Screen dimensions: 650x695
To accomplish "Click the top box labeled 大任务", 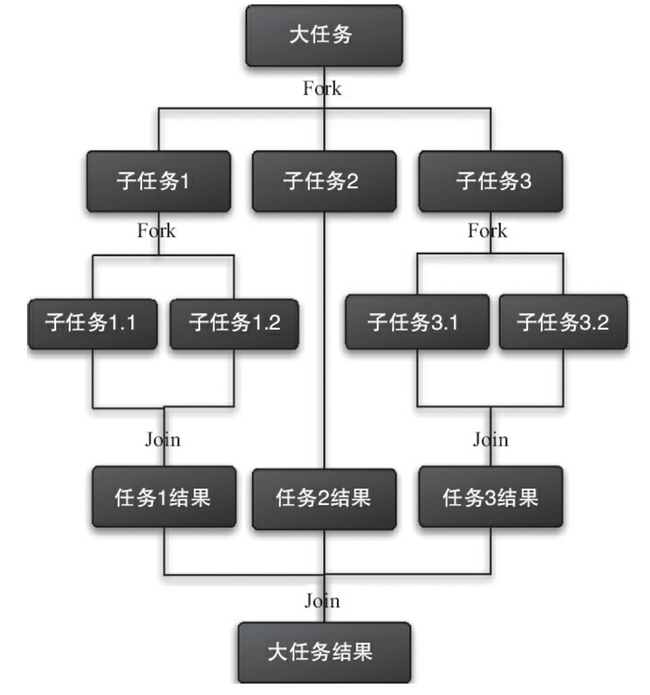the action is click(324, 36).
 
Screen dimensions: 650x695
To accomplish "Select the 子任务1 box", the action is click(159, 181).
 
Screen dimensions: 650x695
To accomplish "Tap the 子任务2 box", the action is click(324, 181).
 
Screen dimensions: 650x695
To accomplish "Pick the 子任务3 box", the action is click(491, 181).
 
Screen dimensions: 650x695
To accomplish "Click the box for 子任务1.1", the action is click(93, 324).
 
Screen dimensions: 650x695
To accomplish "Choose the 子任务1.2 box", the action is click(234, 324).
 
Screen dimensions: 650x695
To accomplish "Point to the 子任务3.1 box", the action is click(418, 322).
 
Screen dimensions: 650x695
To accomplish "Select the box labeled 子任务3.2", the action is click(563, 322).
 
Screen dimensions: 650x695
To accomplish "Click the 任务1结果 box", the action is click(164, 497).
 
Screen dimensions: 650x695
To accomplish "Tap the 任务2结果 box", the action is click(324, 499).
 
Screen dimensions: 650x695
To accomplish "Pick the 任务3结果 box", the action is click(491, 497).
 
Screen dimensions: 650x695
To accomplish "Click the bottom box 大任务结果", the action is click(324, 652).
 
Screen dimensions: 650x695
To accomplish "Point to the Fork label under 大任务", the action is click(323, 89).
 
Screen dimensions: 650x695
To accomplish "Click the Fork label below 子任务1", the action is click(157, 231).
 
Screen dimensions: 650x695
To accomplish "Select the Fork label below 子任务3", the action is click(488, 231).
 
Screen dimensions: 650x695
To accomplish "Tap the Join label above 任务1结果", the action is click(163, 440).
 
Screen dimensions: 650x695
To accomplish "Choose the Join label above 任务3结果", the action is click(490, 440).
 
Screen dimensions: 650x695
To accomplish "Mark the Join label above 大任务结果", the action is click(323, 601).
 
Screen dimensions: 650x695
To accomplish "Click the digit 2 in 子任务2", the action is click(353, 181).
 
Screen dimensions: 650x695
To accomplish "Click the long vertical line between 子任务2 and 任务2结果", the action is click(324, 341).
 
